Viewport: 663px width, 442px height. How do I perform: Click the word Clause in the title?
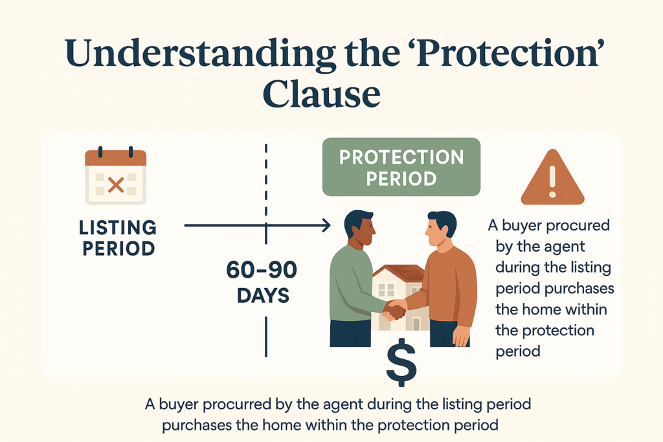pyautogui.click(x=321, y=93)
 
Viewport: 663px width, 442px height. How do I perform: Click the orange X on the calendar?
pyautogui.click(x=115, y=184)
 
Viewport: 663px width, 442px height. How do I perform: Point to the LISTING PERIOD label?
pyautogui.click(x=118, y=238)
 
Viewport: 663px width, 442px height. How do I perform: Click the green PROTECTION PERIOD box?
pyautogui.click(x=401, y=167)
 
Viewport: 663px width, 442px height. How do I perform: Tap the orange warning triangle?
pyautogui.click(x=552, y=178)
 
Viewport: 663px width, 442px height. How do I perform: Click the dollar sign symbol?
pyautogui.click(x=401, y=362)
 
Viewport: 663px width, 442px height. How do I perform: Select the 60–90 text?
pyautogui.click(x=262, y=270)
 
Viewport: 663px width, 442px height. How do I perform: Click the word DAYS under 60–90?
pyautogui.click(x=263, y=295)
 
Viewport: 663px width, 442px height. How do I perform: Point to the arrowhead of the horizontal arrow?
pyautogui.click(x=326, y=225)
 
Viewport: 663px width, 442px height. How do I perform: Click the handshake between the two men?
pyautogui.click(x=394, y=309)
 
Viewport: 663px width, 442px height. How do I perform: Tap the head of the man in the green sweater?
pyautogui.click(x=359, y=228)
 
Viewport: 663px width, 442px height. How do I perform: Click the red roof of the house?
pyautogui.click(x=399, y=273)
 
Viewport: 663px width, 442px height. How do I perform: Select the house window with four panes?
pyautogui.click(x=386, y=290)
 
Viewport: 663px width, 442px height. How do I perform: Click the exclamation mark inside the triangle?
pyautogui.click(x=552, y=181)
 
